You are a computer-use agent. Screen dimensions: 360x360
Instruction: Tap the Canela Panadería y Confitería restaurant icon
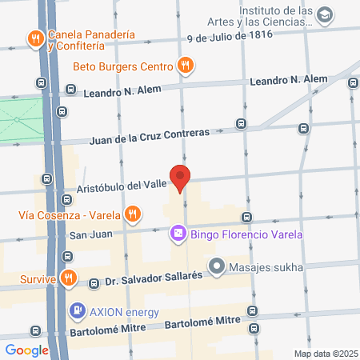(34, 38)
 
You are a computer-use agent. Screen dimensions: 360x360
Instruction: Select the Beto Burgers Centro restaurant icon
(185, 66)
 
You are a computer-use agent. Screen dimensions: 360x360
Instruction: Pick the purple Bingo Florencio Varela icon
(177, 234)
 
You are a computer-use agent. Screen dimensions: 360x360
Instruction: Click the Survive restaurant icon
(70, 278)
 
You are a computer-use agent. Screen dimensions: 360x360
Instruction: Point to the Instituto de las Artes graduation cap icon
(324, 15)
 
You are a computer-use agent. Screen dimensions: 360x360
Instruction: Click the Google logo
(26, 350)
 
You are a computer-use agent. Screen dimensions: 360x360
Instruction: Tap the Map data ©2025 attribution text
(324, 354)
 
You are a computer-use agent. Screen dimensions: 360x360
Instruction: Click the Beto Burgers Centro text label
(124, 66)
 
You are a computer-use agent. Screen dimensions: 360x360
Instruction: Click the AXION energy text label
(125, 311)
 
